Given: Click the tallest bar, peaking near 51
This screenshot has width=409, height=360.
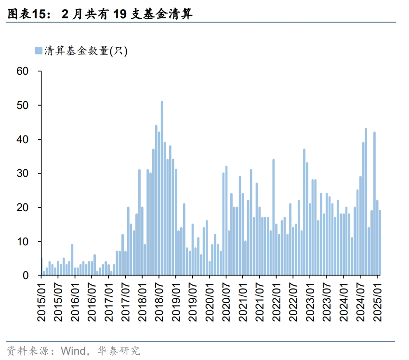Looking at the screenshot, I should pyautogui.click(x=162, y=188).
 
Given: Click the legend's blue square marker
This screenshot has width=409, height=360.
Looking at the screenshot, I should pyautogui.click(x=38, y=50).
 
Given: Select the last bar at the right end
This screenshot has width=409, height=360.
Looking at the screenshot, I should pyautogui.click(x=380, y=243).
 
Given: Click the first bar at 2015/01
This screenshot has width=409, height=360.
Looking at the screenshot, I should pyautogui.click(x=41, y=267).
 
